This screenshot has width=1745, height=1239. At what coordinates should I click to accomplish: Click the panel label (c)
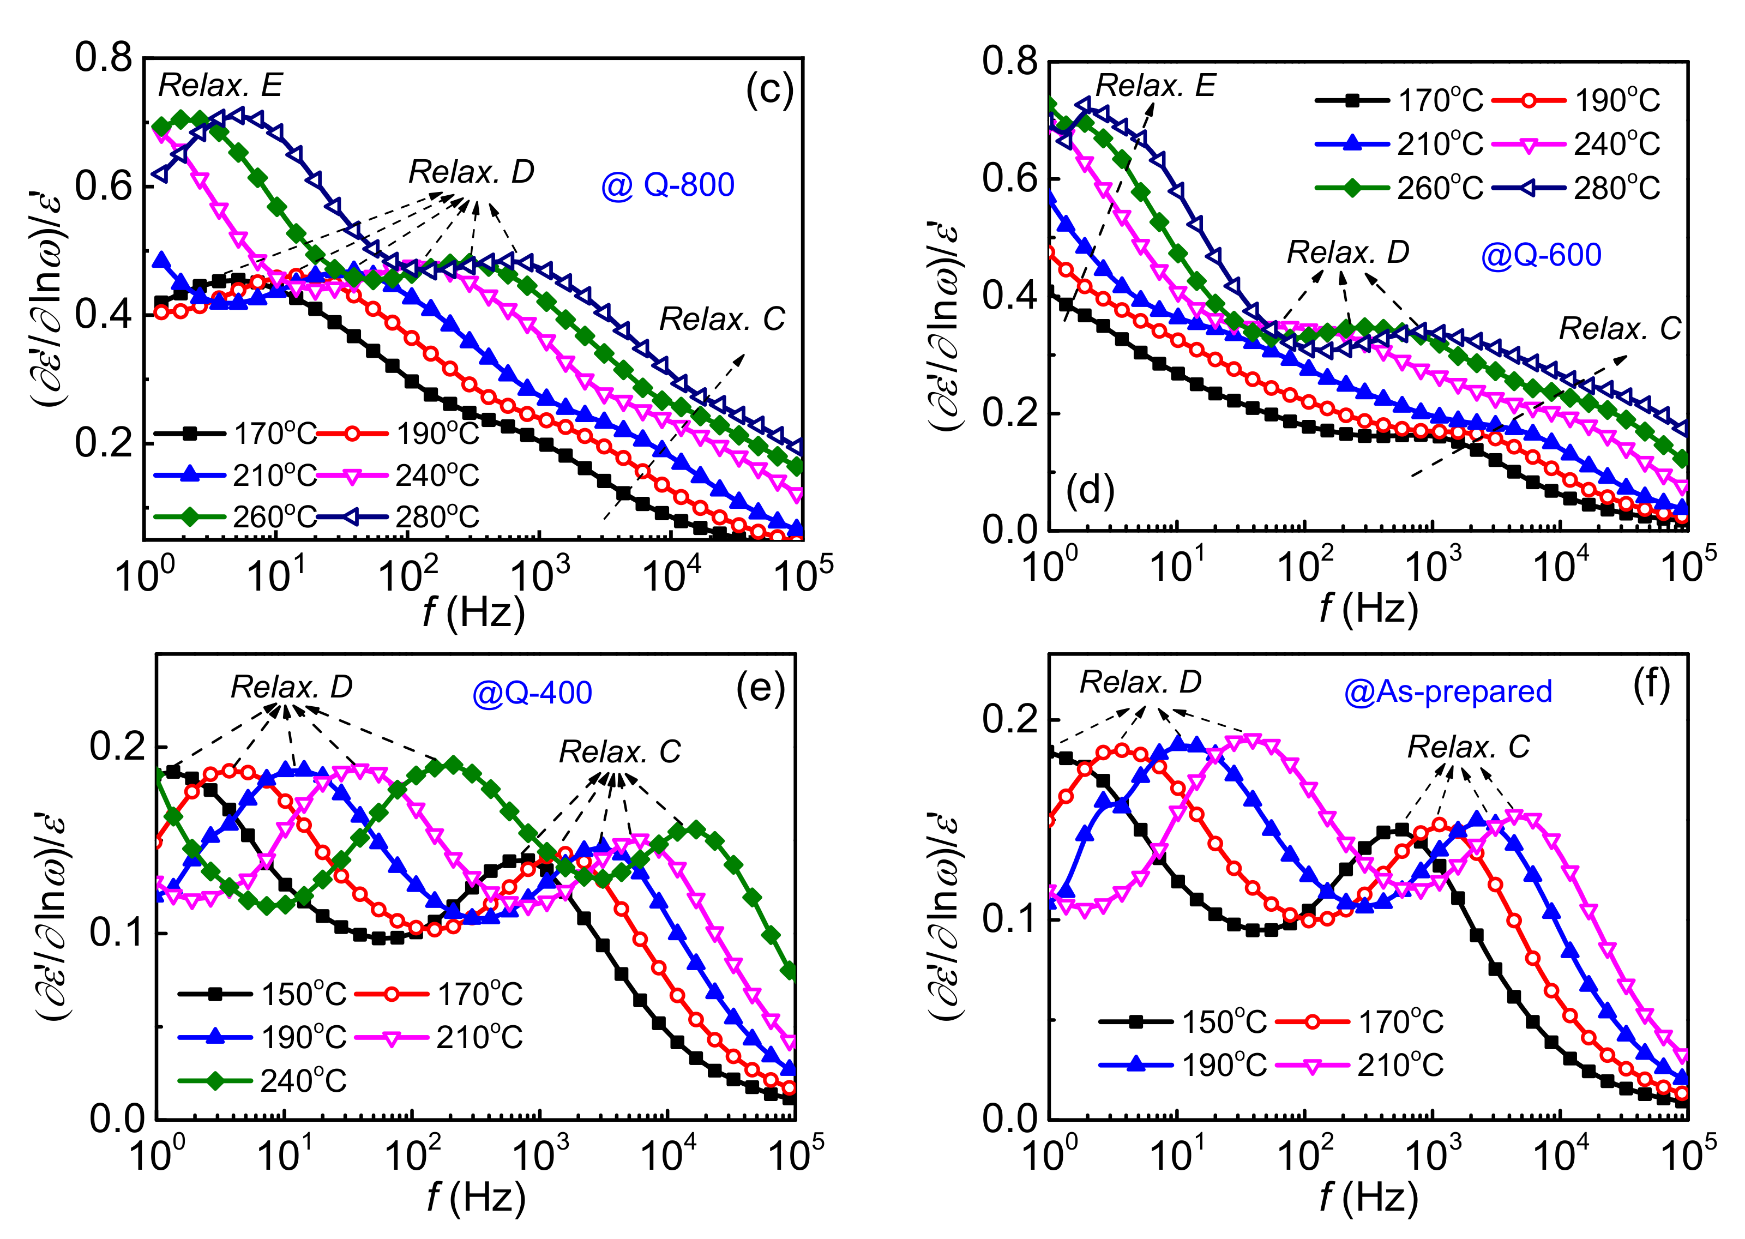(769, 89)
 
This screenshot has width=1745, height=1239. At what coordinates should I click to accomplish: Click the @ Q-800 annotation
(667, 185)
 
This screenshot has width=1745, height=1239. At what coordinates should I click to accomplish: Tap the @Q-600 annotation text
(1540, 255)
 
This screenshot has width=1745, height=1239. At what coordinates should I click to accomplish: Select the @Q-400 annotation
(532, 693)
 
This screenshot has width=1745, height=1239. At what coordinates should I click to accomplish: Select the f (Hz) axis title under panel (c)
(474, 612)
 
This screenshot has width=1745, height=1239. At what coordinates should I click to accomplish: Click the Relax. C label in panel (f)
(1468, 747)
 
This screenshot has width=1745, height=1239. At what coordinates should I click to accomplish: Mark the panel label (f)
(1651, 685)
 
